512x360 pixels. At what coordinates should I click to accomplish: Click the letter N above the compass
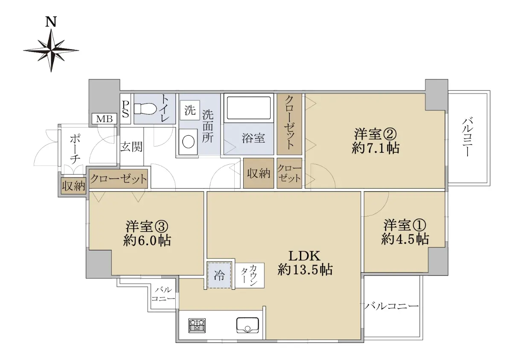pyautogui.click(x=51, y=22)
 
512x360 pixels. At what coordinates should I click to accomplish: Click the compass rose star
pyautogui.click(x=51, y=50)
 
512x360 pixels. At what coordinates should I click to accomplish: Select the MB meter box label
pyautogui.click(x=104, y=119)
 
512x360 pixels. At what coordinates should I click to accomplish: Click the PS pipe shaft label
pyautogui.click(x=125, y=109)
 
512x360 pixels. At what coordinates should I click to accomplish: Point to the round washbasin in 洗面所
pyautogui.click(x=188, y=142)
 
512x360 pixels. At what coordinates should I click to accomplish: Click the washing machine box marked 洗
pyautogui.click(x=190, y=110)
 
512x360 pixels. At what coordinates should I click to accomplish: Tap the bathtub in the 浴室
pyautogui.click(x=249, y=108)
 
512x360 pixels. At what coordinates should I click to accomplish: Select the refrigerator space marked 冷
pyautogui.click(x=219, y=276)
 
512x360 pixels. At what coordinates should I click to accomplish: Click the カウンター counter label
pyautogui.click(x=249, y=275)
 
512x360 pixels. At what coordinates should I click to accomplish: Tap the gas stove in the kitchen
pyautogui.click(x=197, y=325)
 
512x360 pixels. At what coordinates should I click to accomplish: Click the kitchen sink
pyautogui.click(x=247, y=325)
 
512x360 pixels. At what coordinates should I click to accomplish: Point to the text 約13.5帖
pyautogui.click(x=305, y=270)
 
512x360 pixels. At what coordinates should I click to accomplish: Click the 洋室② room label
pyautogui.click(x=375, y=134)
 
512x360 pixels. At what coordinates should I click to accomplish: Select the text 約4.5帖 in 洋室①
pyautogui.click(x=405, y=239)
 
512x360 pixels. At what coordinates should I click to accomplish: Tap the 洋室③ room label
pyautogui.click(x=147, y=226)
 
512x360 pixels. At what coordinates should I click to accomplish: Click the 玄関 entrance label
pyautogui.click(x=131, y=147)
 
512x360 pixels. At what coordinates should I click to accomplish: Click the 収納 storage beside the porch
pyautogui.click(x=73, y=186)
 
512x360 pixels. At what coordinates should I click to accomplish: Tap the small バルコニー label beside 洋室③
pyautogui.click(x=163, y=294)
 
